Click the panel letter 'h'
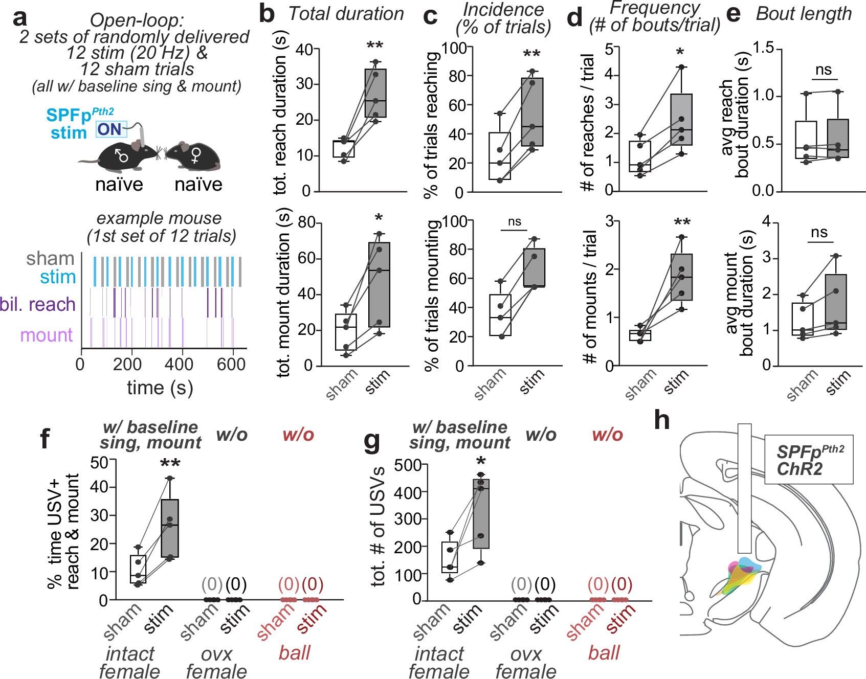(662, 420)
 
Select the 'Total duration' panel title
(346, 14)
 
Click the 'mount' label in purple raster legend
(47, 335)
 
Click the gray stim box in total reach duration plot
(375, 93)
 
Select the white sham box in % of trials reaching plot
(500, 156)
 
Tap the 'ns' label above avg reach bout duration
(824, 70)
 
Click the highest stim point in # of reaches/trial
(681, 67)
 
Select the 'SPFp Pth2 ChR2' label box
(809, 460)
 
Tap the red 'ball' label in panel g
(604, 653)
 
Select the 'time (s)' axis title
(160, 388)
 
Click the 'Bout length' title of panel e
(804, 14)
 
